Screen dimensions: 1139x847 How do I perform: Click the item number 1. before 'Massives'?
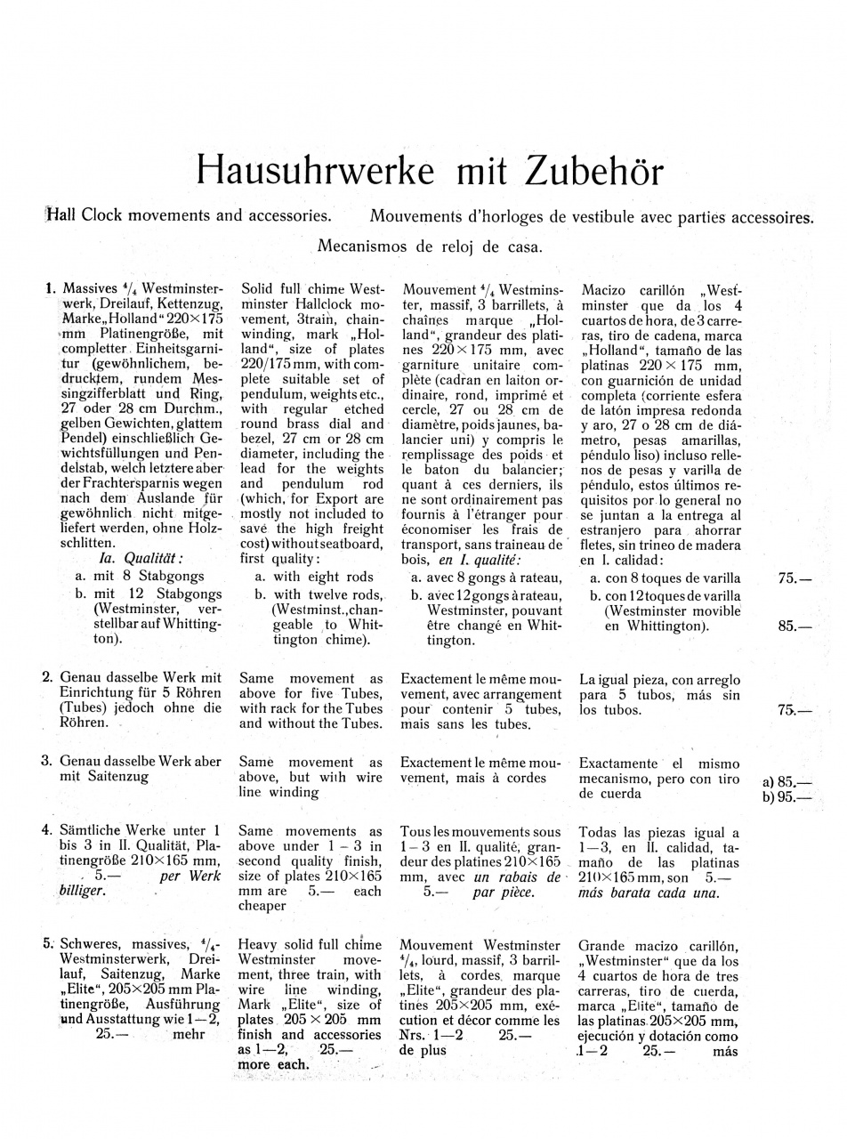[50, 289]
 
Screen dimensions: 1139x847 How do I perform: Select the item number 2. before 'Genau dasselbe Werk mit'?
[49, 678]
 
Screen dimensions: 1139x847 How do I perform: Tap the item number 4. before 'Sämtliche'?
[49, 831]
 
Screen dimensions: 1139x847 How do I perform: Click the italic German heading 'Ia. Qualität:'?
[141, 559]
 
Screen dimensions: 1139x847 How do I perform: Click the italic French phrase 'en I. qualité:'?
[477, 560]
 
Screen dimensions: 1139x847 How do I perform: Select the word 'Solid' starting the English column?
[259, 290]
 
